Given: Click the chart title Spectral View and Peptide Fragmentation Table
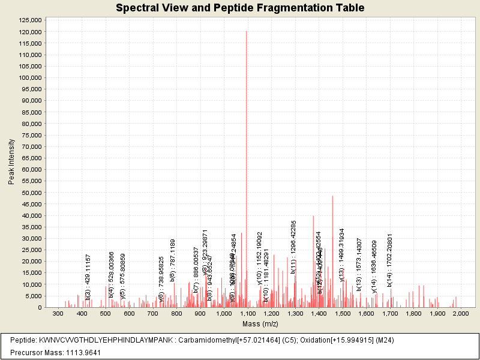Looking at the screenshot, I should (240, 8).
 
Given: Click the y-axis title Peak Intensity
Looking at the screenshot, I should (11, 161).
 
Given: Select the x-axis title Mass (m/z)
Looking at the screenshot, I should (260, 324).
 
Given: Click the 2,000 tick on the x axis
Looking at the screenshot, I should (460, 314).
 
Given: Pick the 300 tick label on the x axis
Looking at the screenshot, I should (58, 314).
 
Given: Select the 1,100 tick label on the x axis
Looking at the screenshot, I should (247, 314).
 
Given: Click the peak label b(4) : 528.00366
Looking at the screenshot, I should (112, 275).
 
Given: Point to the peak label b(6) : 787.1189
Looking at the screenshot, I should (173, 260).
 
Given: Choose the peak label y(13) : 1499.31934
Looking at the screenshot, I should (342, 254).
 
